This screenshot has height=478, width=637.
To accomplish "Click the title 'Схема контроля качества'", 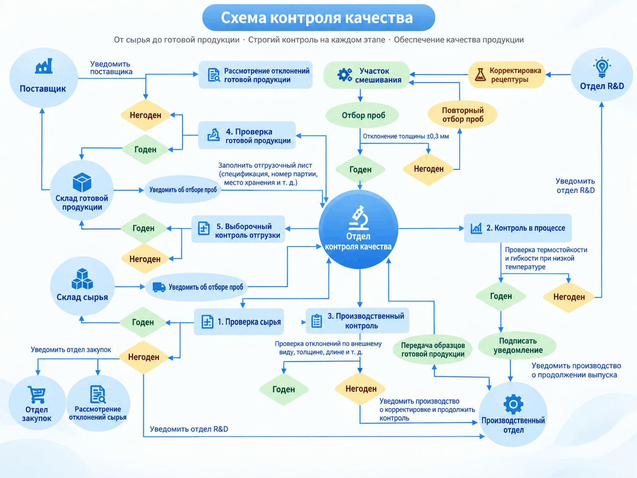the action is pyautogui.click(x=317, y=18).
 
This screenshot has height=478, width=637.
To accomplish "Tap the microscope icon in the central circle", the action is pyautogui.click(x=359, y=218).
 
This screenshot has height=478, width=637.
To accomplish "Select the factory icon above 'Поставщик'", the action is pyautogui.click(x=44, y=66).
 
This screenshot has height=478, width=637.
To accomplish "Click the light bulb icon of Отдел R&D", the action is pyautogui.click(x=602, y=67).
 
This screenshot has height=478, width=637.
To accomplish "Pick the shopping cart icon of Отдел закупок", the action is pyautogui.click(x=37, y=394).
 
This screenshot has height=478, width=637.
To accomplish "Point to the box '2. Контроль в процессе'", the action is pyautogui.click(x=518, y=228).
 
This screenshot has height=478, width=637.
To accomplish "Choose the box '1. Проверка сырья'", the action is pyautogui.click(x=239, y=322).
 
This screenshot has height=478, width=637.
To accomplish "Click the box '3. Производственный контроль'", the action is pyautogui.click(x=358, y=321).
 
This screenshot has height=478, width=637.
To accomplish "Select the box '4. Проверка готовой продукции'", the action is pyautogui.click(x=247, y=136).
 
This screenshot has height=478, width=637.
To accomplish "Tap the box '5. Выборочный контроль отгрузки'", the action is pyautogui.click(x=238, y=229).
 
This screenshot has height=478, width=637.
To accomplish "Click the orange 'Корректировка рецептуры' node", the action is pyautogui.click(x=507, y=75).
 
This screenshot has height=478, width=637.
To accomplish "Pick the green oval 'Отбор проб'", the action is pyautogui.click(x=362, y=115).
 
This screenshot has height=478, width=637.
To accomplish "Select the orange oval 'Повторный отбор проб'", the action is pyautogui.click(x=463, y=114).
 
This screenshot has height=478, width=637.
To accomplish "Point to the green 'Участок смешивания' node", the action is pyautogui.click(x=366, y=75).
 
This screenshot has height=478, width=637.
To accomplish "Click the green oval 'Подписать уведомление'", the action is pyautogui.click(x=517, y=346).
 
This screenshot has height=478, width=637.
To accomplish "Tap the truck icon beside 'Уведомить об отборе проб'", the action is pyautogui.click(x=159, y=287).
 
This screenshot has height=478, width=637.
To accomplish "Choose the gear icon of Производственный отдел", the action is pyautogui.click(x=513, y=404).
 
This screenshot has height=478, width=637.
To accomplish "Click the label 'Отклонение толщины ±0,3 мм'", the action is pyautogui.click(x=406, y=136).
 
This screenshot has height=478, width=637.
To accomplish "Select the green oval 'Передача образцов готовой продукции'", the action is pyautogui.click(x=432, y=350).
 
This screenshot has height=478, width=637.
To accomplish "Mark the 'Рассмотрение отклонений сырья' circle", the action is pyautogui.click(x=98, y=403).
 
